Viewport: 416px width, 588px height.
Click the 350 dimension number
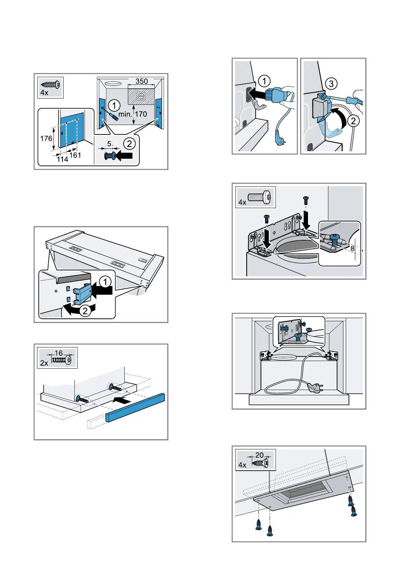[x=141, y=81]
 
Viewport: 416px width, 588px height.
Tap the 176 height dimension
[x=46, y=139]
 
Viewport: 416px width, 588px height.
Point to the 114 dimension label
[x=62, y=159]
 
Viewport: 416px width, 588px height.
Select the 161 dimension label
[x=75, y=155]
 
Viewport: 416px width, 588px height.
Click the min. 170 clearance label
[x=132, y=114]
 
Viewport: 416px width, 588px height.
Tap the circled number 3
[x=331, y=84]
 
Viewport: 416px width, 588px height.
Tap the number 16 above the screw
[x=59, y=353]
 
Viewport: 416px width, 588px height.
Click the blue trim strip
[x=135, y=407]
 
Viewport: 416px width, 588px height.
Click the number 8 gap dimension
[x=352, y=249]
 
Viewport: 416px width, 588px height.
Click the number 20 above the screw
[x=260, y=455]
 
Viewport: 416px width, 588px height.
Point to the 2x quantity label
[x=44, y=363]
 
